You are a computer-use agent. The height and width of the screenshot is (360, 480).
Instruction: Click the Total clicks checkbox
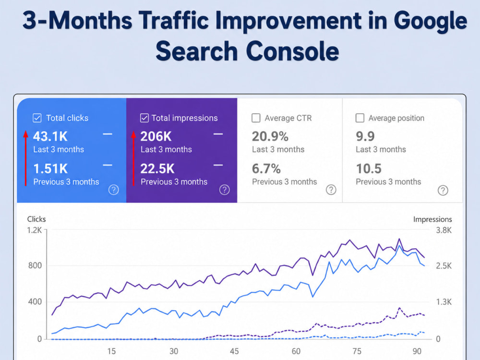(x=37, y=118)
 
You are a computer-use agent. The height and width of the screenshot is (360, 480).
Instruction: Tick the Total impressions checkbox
(x=144, y=118)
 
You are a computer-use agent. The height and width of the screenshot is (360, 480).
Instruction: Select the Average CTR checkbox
(x=256, y=118)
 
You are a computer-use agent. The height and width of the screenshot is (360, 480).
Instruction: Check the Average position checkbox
(x=360, y=118)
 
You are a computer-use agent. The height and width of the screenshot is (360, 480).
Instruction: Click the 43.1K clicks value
(x=50, y=136)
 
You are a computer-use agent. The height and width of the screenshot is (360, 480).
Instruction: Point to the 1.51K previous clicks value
(x=50, y=168)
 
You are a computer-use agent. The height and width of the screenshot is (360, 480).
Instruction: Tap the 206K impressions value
(x=156, y=136)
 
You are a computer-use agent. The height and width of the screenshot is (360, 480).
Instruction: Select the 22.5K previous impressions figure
(x=157, y=168)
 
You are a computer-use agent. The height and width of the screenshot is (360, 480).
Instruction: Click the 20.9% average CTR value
(x=270, y=136)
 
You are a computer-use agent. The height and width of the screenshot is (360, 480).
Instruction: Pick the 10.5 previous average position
(x=369, y=168)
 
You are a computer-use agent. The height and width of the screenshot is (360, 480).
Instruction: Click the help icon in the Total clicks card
(x=114, y=190)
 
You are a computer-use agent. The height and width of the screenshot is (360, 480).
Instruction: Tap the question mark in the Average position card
(x=443, y=190)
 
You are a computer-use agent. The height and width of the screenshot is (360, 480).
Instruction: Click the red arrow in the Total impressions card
(x=133, y=158)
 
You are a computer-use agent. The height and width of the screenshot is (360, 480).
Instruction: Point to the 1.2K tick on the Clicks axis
(x=34, y=230)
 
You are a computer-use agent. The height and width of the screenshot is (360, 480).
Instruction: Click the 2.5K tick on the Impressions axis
(x=444, y=266)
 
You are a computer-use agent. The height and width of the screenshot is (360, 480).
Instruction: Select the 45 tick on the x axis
(x=234, y=351)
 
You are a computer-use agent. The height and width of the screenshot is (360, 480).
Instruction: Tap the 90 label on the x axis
(x=417, y=351)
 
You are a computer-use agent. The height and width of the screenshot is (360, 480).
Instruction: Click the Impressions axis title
(x=432, y=219)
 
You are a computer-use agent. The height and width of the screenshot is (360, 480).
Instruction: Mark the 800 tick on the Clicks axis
(x=35, y=265)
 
